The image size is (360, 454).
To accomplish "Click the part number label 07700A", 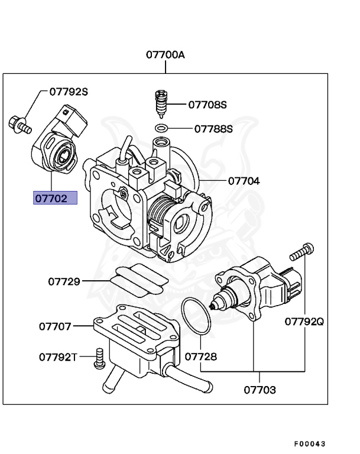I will coord(166,55).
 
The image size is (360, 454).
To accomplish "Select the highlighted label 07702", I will coord(55,198).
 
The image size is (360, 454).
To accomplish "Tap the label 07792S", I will coord(69,92).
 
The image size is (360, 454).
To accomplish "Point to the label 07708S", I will coord(207,105).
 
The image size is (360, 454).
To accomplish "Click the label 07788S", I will coord(213,128).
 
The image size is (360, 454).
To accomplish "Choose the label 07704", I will coord(244,181).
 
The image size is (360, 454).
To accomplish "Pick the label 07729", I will coord(64,281).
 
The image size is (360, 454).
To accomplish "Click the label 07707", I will coord(56,326).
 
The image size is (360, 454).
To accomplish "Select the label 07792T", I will coord(59,357).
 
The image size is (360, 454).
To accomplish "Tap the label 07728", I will coord(200,357).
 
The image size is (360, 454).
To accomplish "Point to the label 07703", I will coord(260,390).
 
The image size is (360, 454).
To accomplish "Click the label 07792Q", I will coord(304,322).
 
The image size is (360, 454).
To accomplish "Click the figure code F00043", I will coord(310,443).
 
